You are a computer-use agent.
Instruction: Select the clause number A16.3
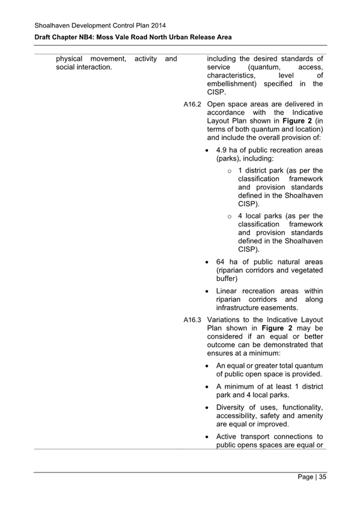coord(192,319)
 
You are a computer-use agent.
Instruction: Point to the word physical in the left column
coord(69,58)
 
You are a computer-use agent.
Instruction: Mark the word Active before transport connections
coord(228,437)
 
